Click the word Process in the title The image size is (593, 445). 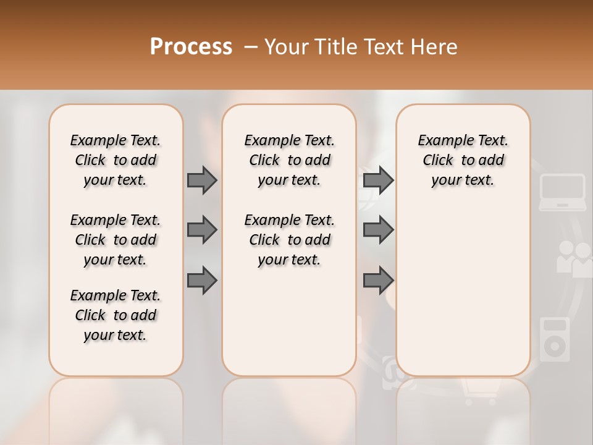click(x=191, y=47)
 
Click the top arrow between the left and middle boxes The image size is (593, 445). click(x=202, y=180)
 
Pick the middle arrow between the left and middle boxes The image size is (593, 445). click(x=202, y=230)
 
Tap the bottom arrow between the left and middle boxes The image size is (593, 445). click(x=202, y=281)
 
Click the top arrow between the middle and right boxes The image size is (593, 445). click(x=378, y=180)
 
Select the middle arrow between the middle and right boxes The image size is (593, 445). click(x=378, y=230)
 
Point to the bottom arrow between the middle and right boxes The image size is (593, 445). click(x=378, y=281)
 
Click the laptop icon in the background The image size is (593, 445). click(x=562, y=192)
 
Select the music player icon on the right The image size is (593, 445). click(x=554, y=339)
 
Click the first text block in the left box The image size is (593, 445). click(x=116, y=160)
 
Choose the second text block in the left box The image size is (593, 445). click(x=116, y=240)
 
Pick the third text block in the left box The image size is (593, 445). click(x=116, y=315)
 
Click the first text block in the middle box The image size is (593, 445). click(x=290, y=160)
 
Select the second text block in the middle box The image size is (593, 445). click(x=290, y=240)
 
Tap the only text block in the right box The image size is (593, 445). click(x=463, y=160)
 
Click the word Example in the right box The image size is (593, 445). click(x=440, y=141)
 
